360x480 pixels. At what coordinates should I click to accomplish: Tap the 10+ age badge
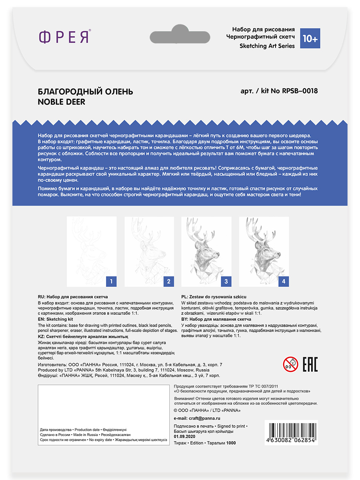[x=310, y=38]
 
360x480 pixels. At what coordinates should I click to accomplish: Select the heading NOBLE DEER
[x=61, y=102]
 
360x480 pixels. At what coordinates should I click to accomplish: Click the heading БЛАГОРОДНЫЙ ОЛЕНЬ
[x=85, y=92]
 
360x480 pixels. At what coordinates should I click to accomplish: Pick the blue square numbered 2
[x=168, y=281]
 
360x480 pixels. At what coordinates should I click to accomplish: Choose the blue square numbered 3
[x=226, y=281]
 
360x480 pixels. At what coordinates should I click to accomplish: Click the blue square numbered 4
[x=284, y=281]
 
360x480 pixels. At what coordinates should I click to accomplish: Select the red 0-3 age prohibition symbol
[x=291, y=364]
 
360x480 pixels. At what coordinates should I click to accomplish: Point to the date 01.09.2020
[x=184, y=437]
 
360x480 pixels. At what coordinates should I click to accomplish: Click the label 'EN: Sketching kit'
[x=56, y=320]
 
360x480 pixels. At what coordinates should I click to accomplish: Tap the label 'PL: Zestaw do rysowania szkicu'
[x=214, y=297]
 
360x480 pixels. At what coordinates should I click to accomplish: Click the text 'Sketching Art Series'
[x=267, y=46]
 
